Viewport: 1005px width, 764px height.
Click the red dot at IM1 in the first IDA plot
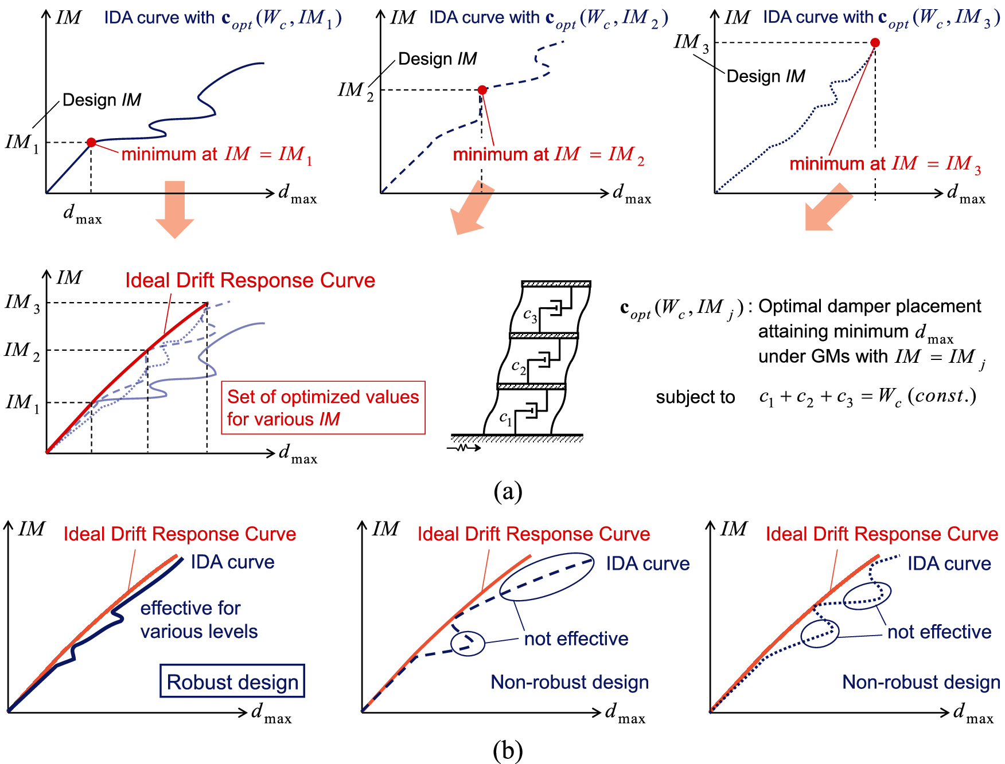pyautogui.click(x=91, y=142)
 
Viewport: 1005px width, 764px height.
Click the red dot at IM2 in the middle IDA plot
pyautogui.click(x=482, y=90)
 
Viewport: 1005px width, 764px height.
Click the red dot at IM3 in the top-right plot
pyautogui.click(x=875, y=42)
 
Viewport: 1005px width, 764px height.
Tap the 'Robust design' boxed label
pyautogui.click(x=232, y=681)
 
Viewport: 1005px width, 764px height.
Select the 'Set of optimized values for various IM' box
pyautogui.click(x=323, y=408)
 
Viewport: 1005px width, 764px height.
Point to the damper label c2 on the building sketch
pyautogui.click(x=519, y=366)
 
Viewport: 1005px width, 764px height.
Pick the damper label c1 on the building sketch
pyautogui.click(x=505, y=418)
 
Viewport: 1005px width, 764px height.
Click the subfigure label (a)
pyautogui.click(x=508, y=491)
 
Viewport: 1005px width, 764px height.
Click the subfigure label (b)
pyautogui.click(x=508, y=750)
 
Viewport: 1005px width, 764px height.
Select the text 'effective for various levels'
pyautogui.click(x=198, y=620)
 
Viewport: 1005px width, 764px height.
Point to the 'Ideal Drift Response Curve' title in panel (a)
pyautogui.click(x=250, y=280)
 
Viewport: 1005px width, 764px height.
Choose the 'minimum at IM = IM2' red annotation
pyautogui.click(x=548, y=154)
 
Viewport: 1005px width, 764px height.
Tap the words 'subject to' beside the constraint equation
pyautogui.click(x=695, y=397)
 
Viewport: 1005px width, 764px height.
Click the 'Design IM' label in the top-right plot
pyautogui.click(x=766, y=76)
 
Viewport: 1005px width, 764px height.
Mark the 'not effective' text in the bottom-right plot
pyautogui.click(x=939, y=632)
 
